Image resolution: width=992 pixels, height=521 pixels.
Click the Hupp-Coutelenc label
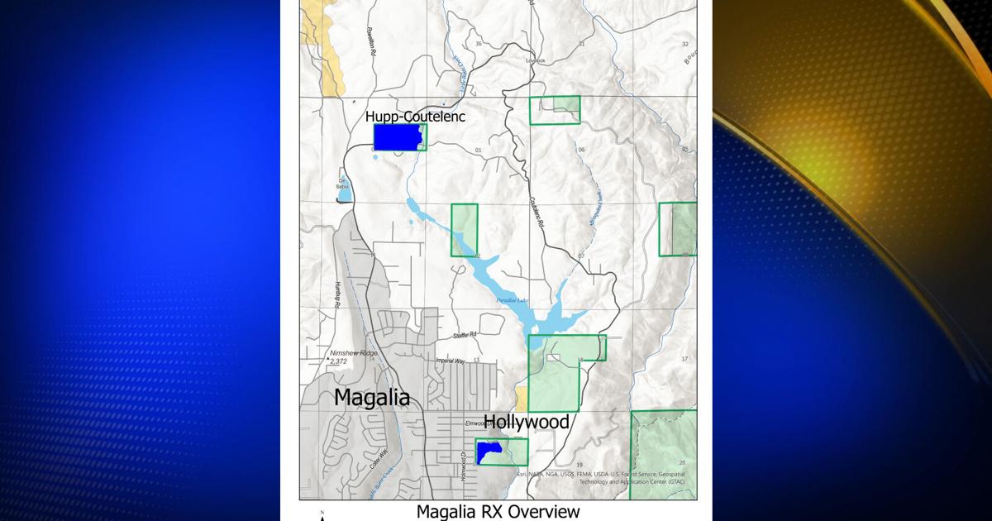pyautogui.click(x=415, y=117)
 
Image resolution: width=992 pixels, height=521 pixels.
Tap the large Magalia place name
pyautogui.click(x=371, y=397)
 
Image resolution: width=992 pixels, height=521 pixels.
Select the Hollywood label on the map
pyautogui.click(x=527, y=422)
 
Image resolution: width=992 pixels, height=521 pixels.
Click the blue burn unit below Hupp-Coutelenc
pyautogui.click(x=397, y=137)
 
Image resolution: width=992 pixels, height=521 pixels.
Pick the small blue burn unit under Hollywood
pyautogui.click(x=488, y=452)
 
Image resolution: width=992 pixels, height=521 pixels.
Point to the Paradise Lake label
pyautogui.click(x=510, y=301)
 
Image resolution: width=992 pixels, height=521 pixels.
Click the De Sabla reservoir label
pyautogui.click(x=342, y=184)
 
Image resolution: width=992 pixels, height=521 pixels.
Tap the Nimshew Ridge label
pyautogui.click(x=354, y=353)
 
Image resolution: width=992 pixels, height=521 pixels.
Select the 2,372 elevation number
pyautogui.click(x=339, y=361)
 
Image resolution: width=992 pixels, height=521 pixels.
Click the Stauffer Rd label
pyautogui.click(x=465, y=335)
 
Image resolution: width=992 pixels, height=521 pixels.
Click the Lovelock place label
pyautogui.click(x=536, y=60)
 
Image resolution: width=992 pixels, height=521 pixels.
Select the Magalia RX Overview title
pyautogui.click(x=498, y=511)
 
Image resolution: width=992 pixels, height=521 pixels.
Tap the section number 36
pyautogui.click(x=478, y=43)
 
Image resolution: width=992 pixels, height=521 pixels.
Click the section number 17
pyautogui.click(x=684, y=359)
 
